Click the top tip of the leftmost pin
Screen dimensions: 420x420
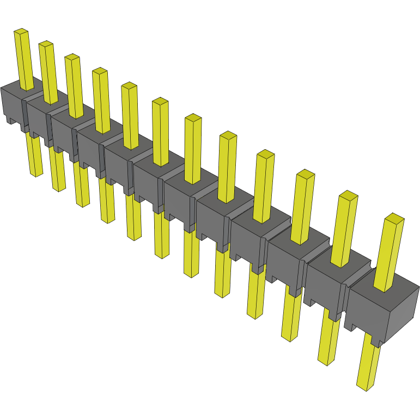(x=21, y=32)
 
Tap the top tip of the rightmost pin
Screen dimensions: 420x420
(x=394, y=218)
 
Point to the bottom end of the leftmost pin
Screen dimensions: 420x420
(x=36, y=174)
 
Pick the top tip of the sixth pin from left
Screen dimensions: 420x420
(x=160, y=101)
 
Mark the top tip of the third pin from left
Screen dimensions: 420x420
(x=72, y=57)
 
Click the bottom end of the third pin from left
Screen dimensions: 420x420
(x=83, y=204)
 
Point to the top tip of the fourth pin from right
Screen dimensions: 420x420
(x=265, y=154)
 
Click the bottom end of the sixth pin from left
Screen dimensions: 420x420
(x=161, y=254)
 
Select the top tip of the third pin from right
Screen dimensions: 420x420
(x=306, y=174)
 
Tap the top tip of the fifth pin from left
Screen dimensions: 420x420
(x=129, y=86)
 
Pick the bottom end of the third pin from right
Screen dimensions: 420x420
(x=290, y=338)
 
